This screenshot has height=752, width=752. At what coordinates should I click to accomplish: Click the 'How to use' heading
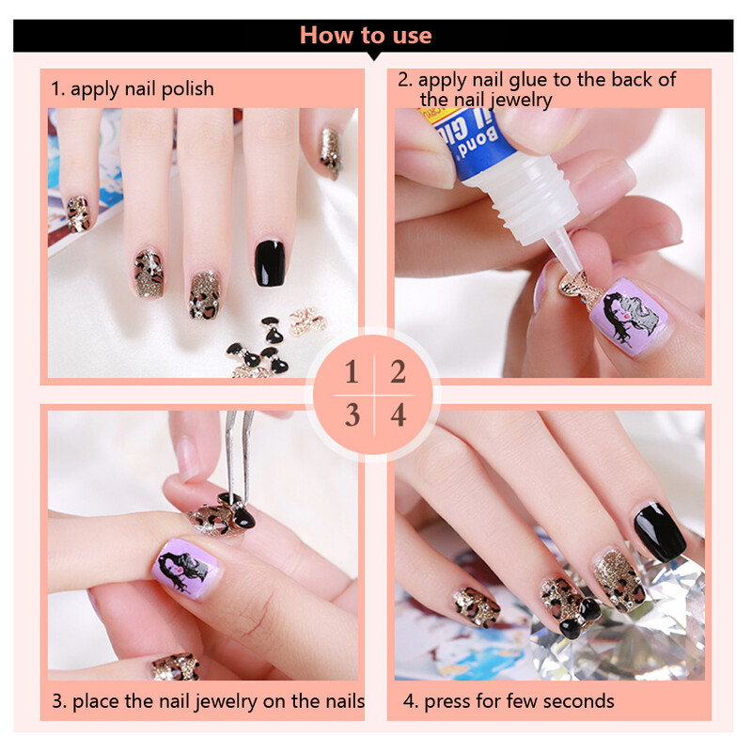pos(366,36)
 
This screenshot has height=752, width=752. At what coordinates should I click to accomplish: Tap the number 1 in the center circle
pos(352,372)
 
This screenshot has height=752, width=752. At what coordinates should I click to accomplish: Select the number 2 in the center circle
pos(398,372)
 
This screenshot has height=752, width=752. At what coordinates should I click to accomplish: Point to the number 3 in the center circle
pos(352,415)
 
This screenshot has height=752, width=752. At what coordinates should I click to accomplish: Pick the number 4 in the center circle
pos(398,415)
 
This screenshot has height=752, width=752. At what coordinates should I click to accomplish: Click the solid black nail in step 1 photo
pos(270,263)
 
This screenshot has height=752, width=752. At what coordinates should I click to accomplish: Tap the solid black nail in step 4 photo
pos(660,532)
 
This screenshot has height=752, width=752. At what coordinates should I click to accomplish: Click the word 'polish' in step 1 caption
pos(187,89)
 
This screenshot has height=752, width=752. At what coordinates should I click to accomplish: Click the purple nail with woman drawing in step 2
pos(628,316)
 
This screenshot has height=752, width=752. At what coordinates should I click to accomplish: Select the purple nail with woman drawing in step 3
pos(184,568)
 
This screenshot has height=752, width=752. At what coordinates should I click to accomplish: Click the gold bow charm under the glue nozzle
pos(577,288)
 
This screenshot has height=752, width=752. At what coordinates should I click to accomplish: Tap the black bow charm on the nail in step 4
pos(580,618)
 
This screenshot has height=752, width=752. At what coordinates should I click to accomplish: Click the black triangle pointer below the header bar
pos(373,56)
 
